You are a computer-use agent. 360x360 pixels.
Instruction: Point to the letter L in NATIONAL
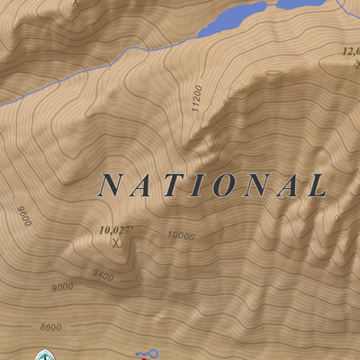tap(316, 185)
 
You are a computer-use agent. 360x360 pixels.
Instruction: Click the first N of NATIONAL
tap(111, 185)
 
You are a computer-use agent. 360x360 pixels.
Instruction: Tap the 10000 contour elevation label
tap(180, 236)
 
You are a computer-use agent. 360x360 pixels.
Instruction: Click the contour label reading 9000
tap(62, 288)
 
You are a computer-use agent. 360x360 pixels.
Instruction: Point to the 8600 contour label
tap(50, 327)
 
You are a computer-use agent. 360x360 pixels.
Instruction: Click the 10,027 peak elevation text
tap(117, 230)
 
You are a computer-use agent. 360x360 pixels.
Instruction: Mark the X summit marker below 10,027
tap(115, 241)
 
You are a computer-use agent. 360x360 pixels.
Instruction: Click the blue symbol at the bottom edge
tap(147, 354)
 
